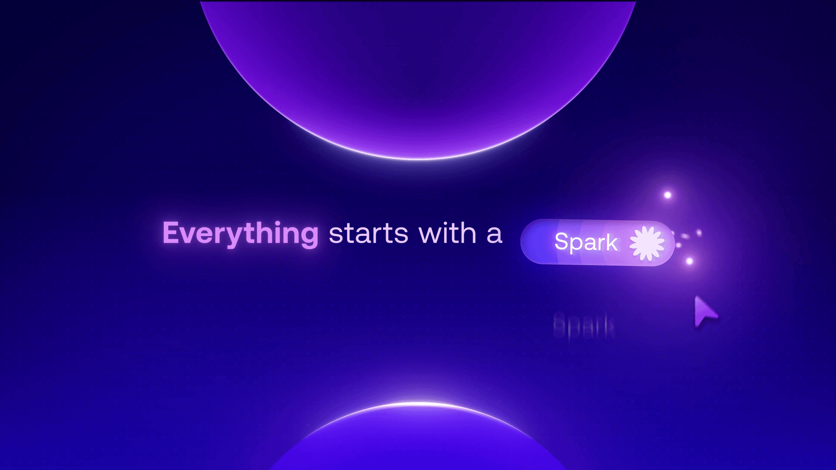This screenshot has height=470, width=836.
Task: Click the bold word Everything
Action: [240, 233]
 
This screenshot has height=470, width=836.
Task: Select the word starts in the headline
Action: [368, 234]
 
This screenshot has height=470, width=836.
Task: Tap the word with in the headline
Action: [447, 233]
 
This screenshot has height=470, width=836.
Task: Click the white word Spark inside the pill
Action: [586, 242]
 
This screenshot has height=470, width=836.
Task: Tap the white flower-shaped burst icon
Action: [647, 244]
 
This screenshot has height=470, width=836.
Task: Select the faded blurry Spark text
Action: [584, 326]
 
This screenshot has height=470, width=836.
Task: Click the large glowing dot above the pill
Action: [668, 195]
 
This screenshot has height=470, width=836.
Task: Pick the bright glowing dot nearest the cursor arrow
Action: [689, 261]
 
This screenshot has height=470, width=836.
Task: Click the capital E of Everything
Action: [171, 233]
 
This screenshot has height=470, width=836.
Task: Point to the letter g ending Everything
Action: [309, 237]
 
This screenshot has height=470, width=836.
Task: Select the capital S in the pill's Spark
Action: [562, 242]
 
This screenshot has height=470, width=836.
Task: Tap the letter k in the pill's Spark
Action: [611, 242]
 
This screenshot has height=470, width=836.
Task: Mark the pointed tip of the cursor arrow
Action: [696, 297]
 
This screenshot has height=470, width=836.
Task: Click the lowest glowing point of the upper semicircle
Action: [418, 159]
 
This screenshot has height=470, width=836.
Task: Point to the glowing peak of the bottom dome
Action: [418, 403]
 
